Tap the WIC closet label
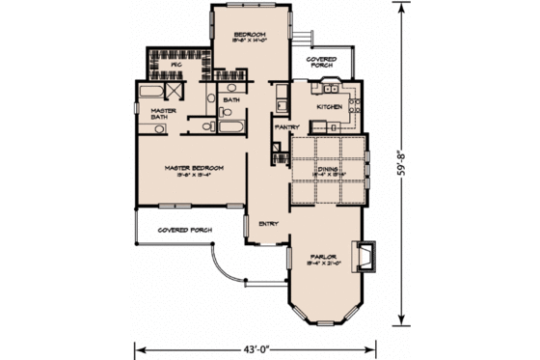pos(176,65)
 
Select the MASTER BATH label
pos(162,116)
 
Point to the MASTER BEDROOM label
pos(193,169)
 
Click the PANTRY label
pos(285,127)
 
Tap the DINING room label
pos(329,169)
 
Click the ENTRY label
pos(269,224)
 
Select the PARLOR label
pos(321,259)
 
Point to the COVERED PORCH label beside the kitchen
pos(321,62)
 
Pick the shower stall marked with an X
pos(175,92)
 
